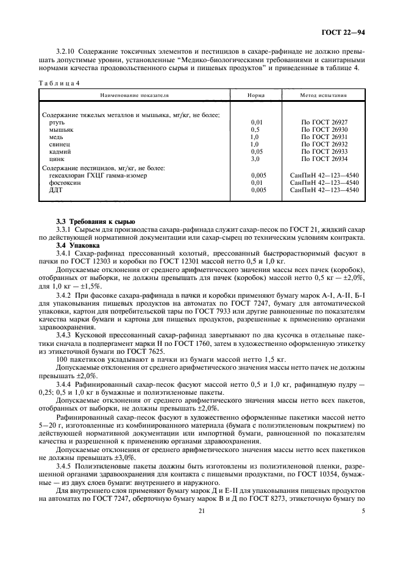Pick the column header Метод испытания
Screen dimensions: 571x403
(324, 96)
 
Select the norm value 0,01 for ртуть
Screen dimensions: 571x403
(258, 122)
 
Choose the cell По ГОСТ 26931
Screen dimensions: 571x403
(324, 137)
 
